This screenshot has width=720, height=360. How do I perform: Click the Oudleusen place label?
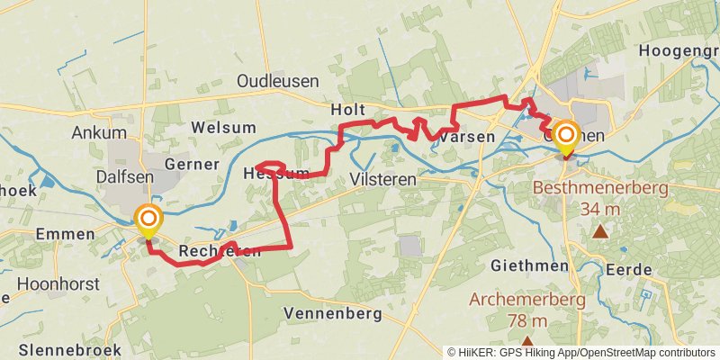[278, 81]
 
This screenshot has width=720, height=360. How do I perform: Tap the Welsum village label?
[223, 127]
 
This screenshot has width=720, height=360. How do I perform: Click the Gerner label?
[191, 165]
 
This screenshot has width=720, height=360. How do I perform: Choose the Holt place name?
[347, 109]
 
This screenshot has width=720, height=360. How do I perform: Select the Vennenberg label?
[332, 314]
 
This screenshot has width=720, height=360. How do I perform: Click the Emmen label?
[65, 234]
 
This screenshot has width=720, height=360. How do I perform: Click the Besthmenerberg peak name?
[600, 189]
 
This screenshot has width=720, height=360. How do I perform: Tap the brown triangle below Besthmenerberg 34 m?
[600, 232]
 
